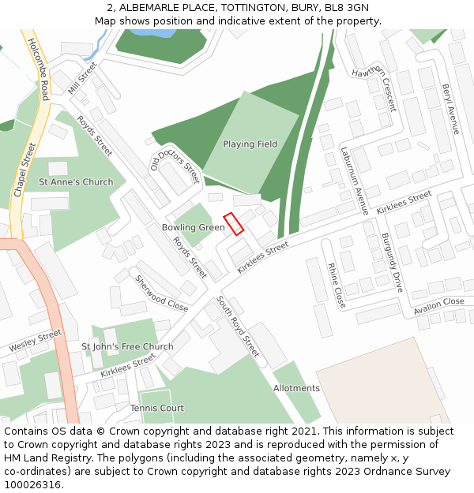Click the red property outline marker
coord(233,224)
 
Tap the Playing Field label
coord(250,144)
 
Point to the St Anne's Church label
coord(76,182)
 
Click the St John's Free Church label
coord(127,347)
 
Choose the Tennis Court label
coord(157,408)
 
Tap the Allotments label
coord(296,388)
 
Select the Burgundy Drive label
coord(393,263)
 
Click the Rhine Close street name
coord(337,286)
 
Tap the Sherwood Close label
coord(161,293)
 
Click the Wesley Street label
coord(35,342)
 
